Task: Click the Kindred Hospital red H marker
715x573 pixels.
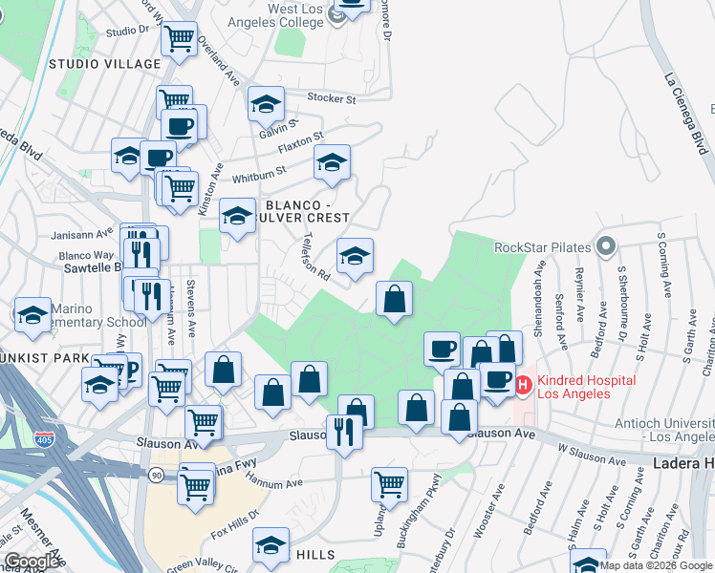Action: click(523, 386)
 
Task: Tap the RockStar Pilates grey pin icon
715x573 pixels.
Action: click(605, 247)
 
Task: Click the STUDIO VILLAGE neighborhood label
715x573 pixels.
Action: click(104, 64)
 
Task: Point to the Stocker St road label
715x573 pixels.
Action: click(332, 98)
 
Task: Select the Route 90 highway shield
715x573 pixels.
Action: click(156, 474)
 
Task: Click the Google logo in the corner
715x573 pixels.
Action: click(32, 562)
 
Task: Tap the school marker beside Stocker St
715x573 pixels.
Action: click(267, 105)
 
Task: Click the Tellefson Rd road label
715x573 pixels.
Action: click(315, 258)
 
